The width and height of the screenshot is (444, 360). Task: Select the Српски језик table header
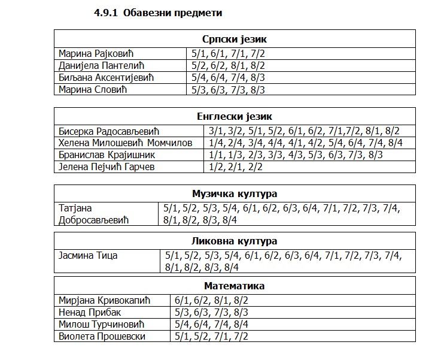(x=235, y=40)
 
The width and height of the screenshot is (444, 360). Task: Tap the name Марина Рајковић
(x=97, y=53)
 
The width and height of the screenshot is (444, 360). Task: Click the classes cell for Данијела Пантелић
(x=227, y=65)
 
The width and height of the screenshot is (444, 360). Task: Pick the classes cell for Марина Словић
(x=227, y=90)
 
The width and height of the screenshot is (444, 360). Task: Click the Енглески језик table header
(x=235, y=117)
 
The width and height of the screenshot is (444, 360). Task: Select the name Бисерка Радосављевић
(x=110, y=131)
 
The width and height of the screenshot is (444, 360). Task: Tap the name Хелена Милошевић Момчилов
(x=126, y=143)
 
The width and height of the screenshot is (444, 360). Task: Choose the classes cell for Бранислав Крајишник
(x=296, y=155)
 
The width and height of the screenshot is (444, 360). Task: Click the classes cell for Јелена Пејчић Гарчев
(x=236, y=167)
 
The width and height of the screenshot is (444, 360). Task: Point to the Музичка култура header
(x=235, y=193)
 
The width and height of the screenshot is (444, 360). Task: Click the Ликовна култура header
(x=235, y=241)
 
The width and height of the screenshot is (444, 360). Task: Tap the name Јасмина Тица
(x=89, y=256)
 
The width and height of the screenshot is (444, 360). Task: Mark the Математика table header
(x=235, y=286)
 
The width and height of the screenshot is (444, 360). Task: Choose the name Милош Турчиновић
(x=102, y=324)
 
